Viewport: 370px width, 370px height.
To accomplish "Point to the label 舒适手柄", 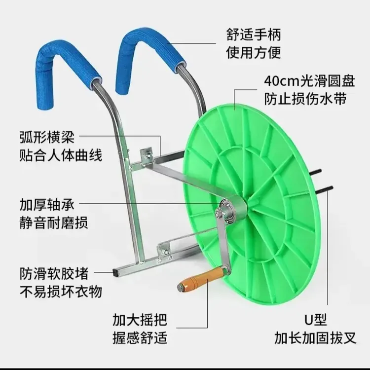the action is [x=254, y=35].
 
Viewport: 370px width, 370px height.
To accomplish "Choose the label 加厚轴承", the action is [x=47, y=205].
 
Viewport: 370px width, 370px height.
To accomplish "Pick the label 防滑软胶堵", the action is [x=54, y=273].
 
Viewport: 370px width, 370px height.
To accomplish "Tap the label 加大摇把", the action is [x=140, y=320].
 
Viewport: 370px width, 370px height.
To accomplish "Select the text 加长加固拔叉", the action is [x=316, y=338].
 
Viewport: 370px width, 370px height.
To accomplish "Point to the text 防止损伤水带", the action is [x=305, y=99].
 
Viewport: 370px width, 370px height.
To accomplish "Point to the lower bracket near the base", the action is [x=164, y=252].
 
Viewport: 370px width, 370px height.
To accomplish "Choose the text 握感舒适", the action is [x=140, y=337].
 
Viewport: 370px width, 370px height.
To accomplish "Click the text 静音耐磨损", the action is [x=54, y=222].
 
